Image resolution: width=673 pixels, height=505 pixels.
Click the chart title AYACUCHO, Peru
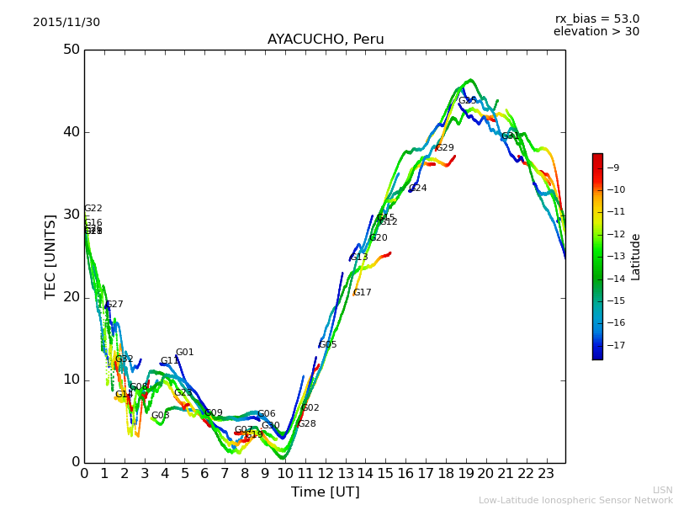tap(326, 40)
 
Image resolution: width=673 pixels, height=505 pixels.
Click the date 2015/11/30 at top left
tap(66, 23)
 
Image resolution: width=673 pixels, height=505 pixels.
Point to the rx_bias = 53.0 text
tap(596, 19)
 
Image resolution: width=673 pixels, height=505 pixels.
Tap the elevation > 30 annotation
tap(596, 32)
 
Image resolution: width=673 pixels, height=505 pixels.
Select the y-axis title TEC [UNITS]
tap(50, 256)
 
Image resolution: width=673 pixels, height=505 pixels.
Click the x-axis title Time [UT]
tap(325, 492)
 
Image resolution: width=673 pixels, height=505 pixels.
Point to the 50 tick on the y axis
tap(71, 50)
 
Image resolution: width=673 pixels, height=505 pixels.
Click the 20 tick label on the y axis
tap(71, 297)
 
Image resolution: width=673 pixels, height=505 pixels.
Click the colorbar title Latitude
tap(636, 257)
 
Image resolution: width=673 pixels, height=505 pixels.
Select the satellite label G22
tap(93, 209)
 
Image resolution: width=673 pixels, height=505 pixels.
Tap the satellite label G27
tap(114, 305)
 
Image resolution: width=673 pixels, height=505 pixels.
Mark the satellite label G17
tap(362, 293)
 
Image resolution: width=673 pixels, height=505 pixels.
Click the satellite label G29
tap(444, 148)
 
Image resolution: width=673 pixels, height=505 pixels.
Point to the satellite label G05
tap(327, 345)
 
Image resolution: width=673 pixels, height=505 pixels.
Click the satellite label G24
tap(417, 189)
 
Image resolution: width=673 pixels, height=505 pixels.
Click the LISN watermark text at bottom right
tap(662, 490)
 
